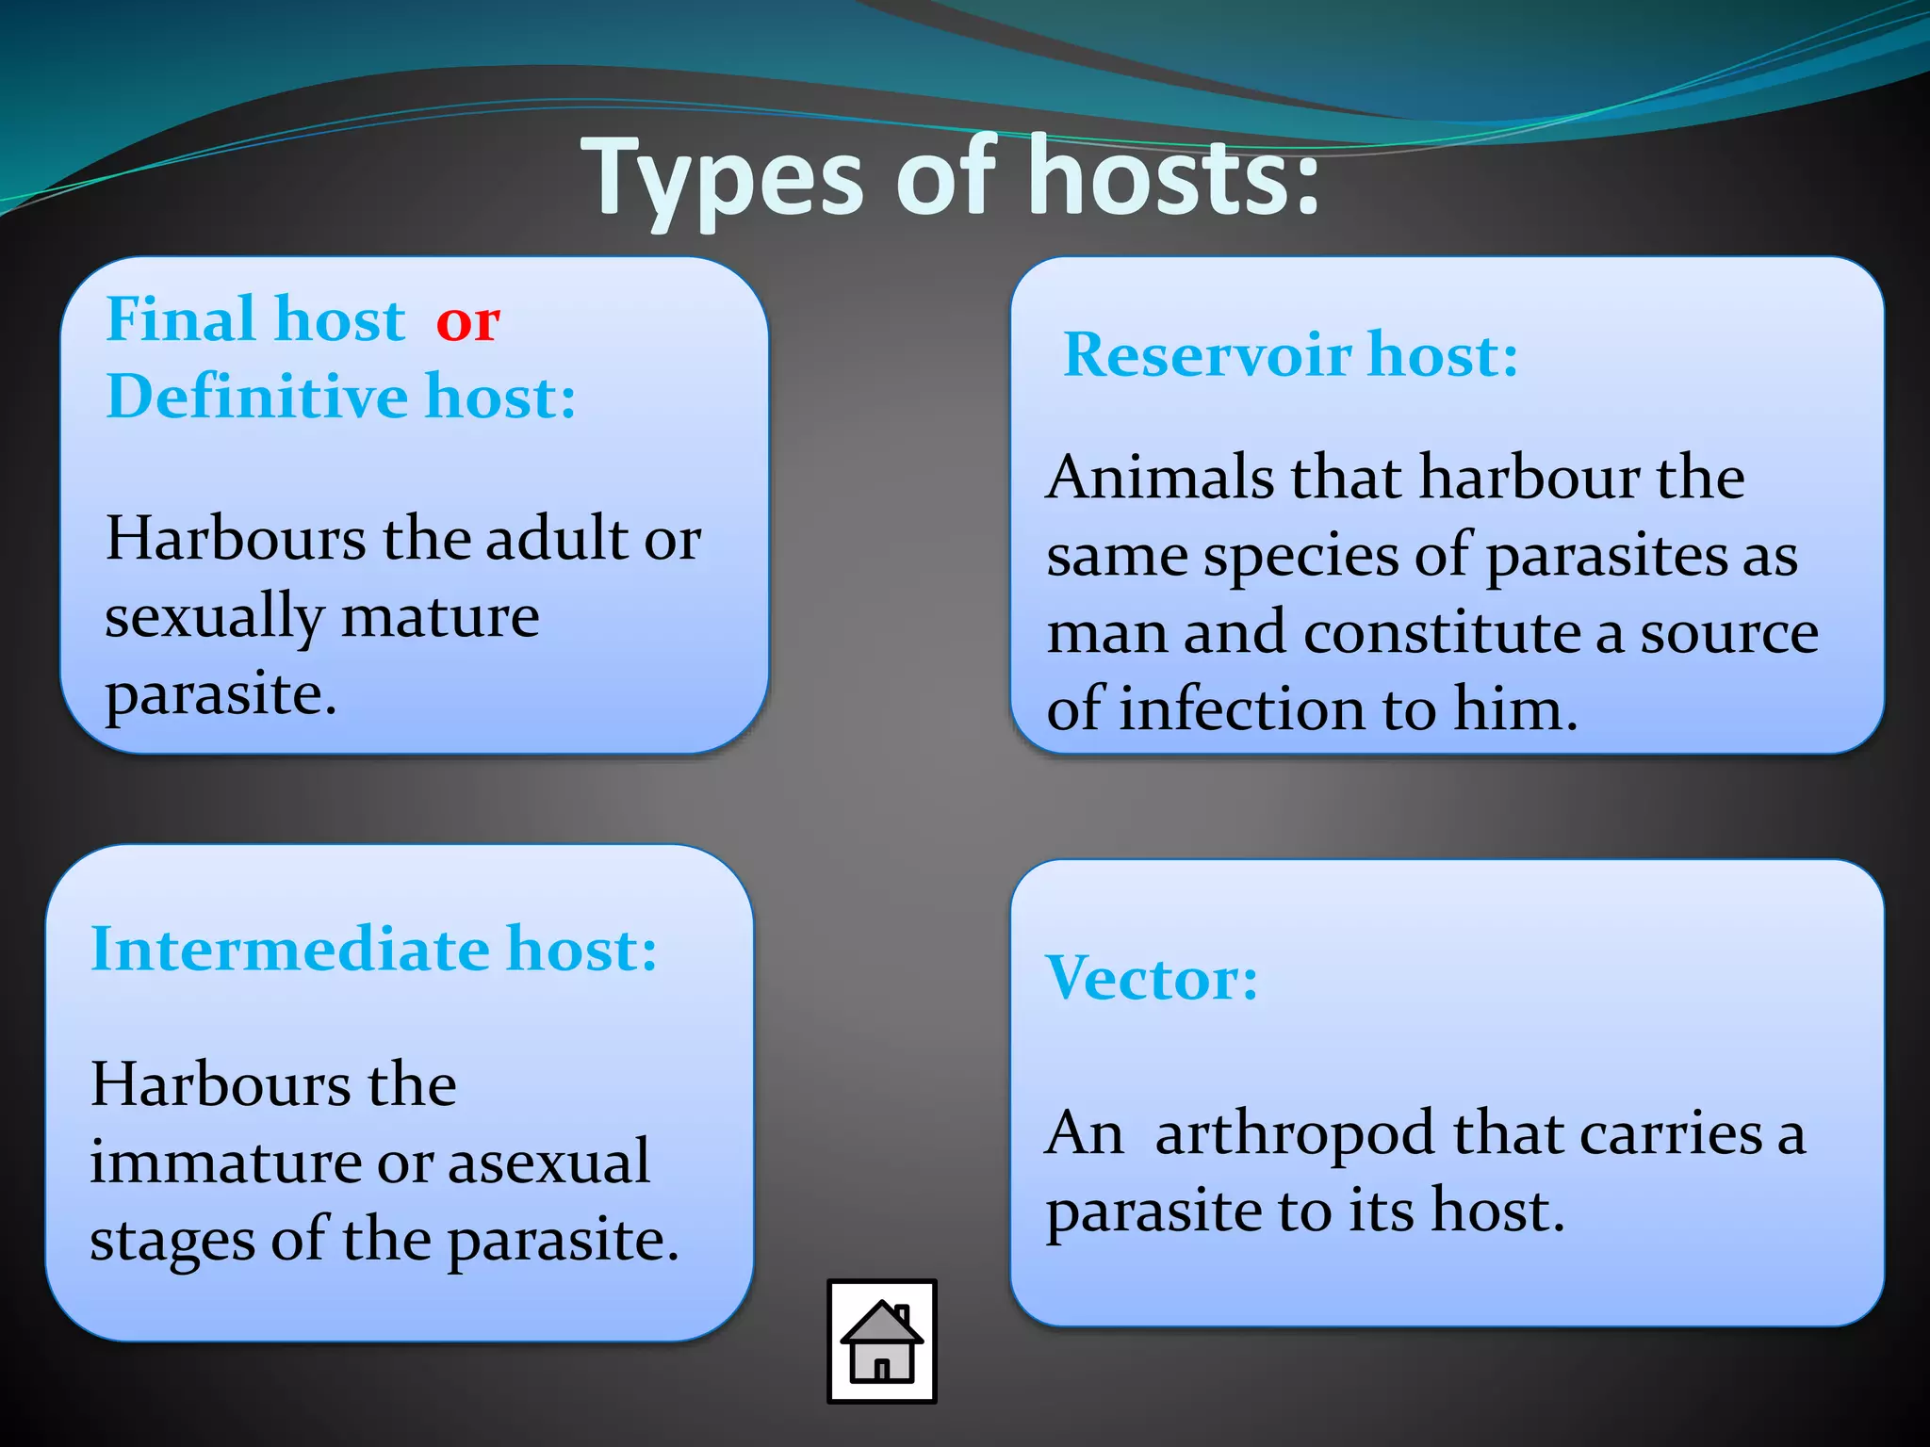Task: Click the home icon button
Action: click(881, 1341)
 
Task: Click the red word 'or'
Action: click(467, 322)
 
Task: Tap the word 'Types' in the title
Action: click(722, 179)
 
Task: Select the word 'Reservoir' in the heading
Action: click(1207, 355)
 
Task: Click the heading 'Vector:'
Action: click(1152, 978)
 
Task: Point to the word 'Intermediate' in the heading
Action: click(289, 949)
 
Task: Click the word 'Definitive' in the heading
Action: click(256, 396)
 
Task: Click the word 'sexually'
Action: click(214, 619)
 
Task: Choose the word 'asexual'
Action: click(549, 1161)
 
